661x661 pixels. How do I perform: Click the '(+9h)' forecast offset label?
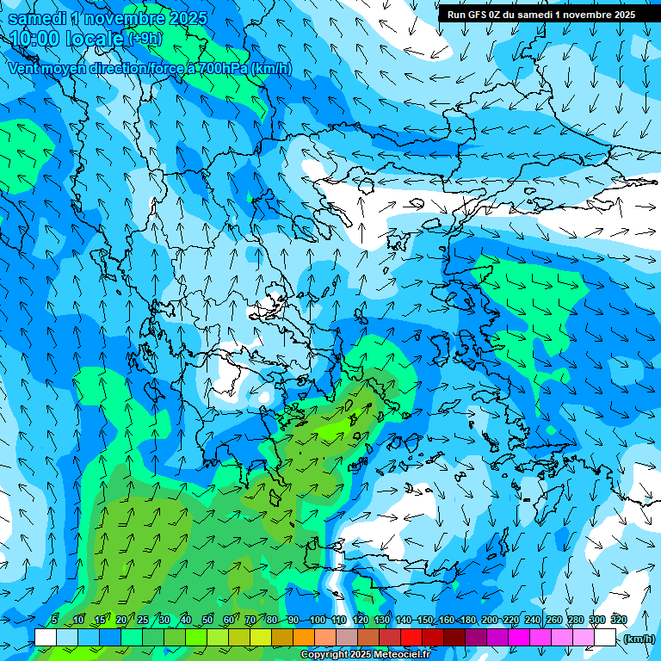coord(144,39)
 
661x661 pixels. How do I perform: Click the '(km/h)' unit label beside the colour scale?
coord(639,639)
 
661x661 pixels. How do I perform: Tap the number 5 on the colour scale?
coord(54,620)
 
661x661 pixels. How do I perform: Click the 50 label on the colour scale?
coord(207,620)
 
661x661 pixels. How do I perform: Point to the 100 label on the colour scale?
coord(317,620)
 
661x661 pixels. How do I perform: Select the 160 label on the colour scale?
coord(447,620)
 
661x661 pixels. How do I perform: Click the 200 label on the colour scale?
coord(490,620)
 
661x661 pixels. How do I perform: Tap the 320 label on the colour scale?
coord(619,620)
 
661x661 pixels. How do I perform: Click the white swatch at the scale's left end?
coord(46,637)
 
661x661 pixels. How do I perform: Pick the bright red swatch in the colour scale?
coord(411,637)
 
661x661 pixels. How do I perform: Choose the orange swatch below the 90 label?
coord(304,637)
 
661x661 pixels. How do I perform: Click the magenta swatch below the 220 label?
coord(519,637)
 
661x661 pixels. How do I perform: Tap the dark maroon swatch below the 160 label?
coord(454,637)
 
